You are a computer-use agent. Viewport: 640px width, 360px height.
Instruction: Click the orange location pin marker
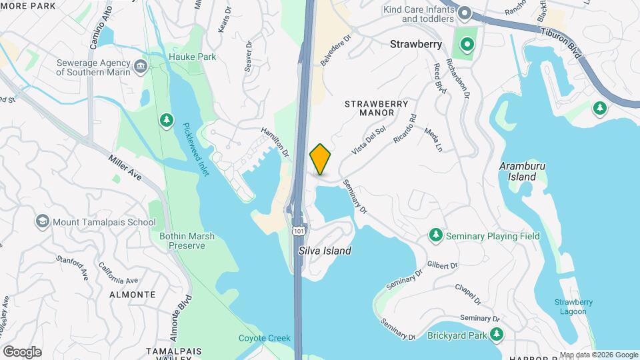321,159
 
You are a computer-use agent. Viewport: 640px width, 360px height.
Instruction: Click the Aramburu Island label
518,171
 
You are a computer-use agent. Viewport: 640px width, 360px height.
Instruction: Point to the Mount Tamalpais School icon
43,221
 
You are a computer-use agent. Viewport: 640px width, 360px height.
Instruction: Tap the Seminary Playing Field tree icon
436,235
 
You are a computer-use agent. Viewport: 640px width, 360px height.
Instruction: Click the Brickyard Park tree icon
496,334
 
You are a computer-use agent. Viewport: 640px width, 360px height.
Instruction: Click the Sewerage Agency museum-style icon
140,65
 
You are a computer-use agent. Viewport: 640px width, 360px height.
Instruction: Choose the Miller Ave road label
125,167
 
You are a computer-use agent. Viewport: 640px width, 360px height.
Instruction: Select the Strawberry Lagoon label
573,307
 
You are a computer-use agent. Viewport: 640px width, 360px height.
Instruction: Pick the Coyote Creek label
265,338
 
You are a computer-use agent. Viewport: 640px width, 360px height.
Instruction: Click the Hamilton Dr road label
275,143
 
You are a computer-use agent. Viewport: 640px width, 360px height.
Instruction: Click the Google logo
22,351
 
